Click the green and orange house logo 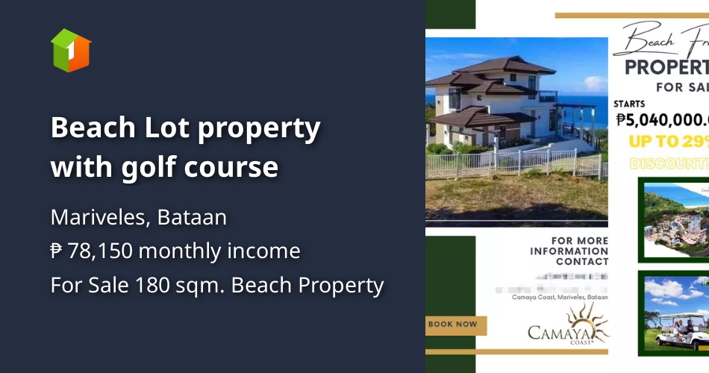tap(71, 50)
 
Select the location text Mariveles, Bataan tap(139, 217)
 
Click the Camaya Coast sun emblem tap(594, 319)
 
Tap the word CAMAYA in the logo tap(559, 332)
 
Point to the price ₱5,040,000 tap(661, 119)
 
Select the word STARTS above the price tap(630, 103)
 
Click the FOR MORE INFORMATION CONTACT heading tap(569, 251)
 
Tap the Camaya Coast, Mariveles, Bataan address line tap(560, 297)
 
